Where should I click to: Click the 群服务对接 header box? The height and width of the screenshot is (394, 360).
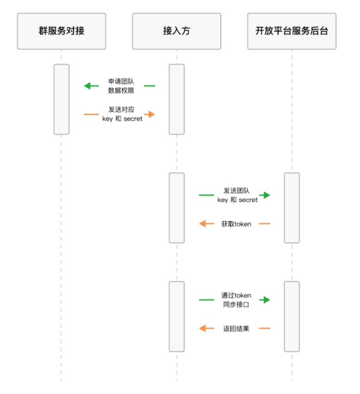point(61,31)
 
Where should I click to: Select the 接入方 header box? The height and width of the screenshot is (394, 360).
point(176,31)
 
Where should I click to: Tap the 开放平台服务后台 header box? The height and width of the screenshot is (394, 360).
point(292,31)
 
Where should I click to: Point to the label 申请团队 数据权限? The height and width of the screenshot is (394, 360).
point(121,86)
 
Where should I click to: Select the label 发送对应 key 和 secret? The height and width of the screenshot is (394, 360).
point(122,114)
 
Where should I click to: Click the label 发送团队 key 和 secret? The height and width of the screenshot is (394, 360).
point(237,195)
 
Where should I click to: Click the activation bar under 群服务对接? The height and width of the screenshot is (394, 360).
point(61,99)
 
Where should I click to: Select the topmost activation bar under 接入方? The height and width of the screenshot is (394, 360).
point(176,99)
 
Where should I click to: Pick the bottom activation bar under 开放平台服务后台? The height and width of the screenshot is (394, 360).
point(292,316)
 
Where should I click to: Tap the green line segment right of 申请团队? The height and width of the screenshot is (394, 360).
point(149,86)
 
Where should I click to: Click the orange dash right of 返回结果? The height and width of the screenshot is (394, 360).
point(264,328)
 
